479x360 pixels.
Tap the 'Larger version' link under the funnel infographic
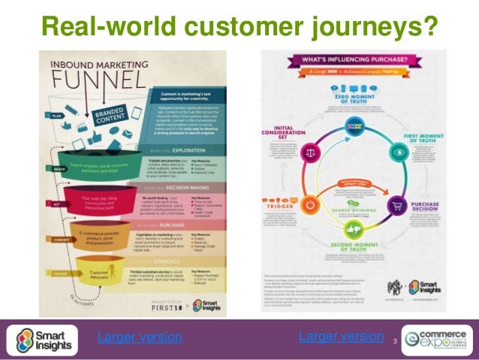pyautogui.click(x=140, y=337)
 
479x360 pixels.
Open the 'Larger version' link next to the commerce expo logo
pyautogui.click(x=341, y=336)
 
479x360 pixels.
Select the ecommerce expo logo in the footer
pyautogui.click(x=437, y=340)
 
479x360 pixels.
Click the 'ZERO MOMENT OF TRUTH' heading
pyautogui.click(x=355, y=89)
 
